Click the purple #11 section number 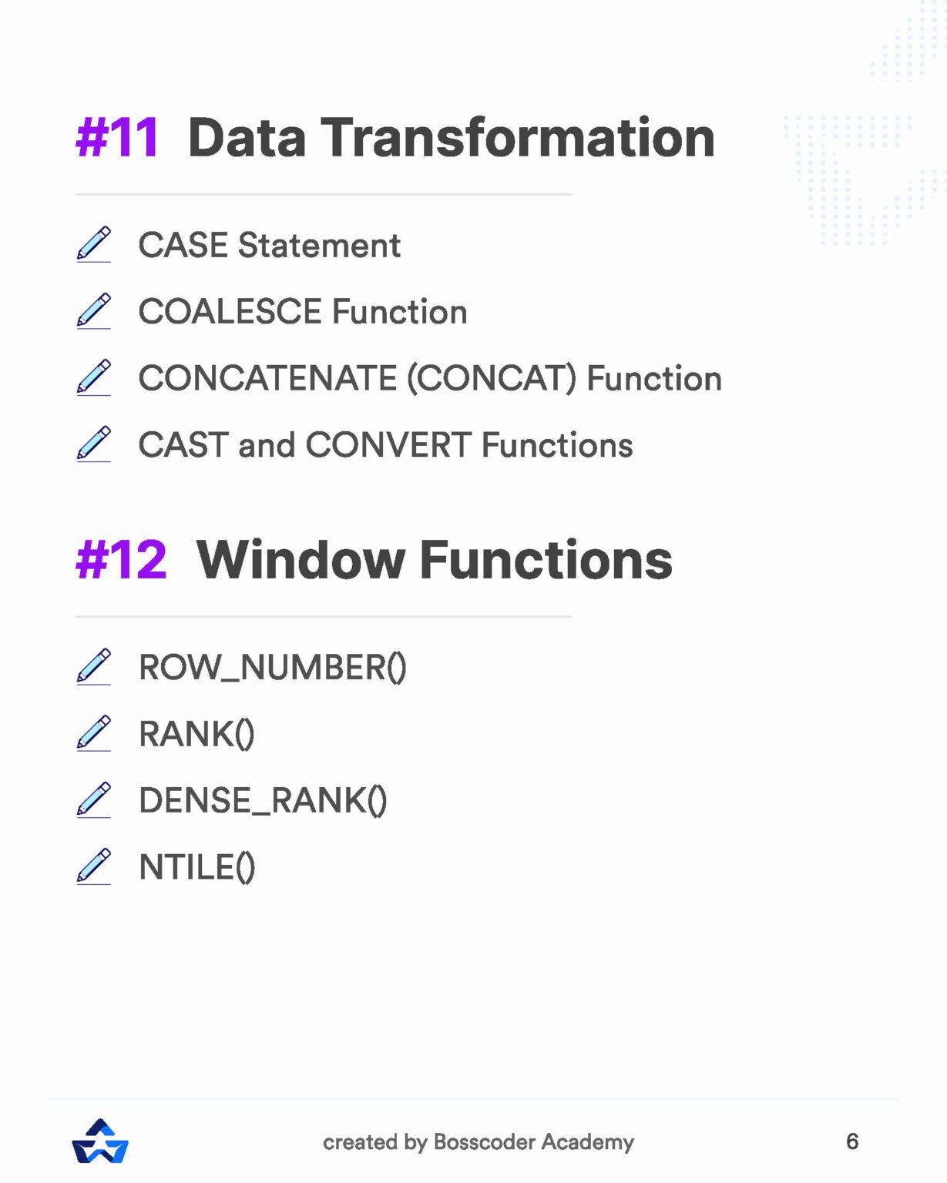point(117,138)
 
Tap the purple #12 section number point(121,560)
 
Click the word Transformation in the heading point(518,138)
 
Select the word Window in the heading point(301,560)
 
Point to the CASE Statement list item point(269,246)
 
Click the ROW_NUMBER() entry point(272,668)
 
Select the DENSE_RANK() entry point(263,801)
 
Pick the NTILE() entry point(196,867)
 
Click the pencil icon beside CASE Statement point(94,244)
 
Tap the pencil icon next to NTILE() point(94,866)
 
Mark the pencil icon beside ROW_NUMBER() point(94,666)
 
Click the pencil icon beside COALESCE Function point(94,310)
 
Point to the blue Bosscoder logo point(100,1141)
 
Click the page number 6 point(851,1141)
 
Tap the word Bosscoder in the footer point(484,1142)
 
